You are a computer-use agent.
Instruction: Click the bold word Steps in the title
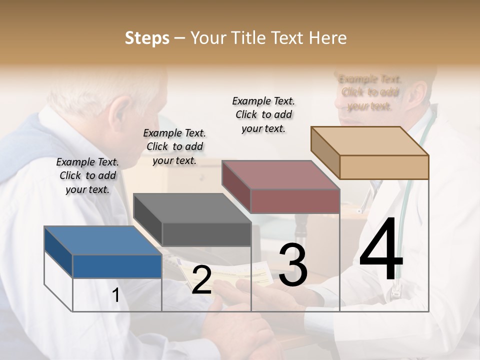point(147,38)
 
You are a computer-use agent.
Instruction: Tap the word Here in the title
point(327,38)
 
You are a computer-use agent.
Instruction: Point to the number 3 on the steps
point(292,265)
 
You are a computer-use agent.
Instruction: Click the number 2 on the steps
point(201,280)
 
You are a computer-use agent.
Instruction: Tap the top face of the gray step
point(192,208)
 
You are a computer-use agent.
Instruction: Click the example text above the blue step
point(87,175)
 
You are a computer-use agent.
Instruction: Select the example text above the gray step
point(174,146)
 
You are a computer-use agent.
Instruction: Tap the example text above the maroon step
point(263,114)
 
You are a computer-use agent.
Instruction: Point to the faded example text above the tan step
point(370,92)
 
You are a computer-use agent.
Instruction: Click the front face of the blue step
point(117,266)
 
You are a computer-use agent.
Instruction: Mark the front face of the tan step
point(384,167)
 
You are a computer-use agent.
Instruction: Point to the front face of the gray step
point(206,234)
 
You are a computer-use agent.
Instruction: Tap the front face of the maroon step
point(295,201)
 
